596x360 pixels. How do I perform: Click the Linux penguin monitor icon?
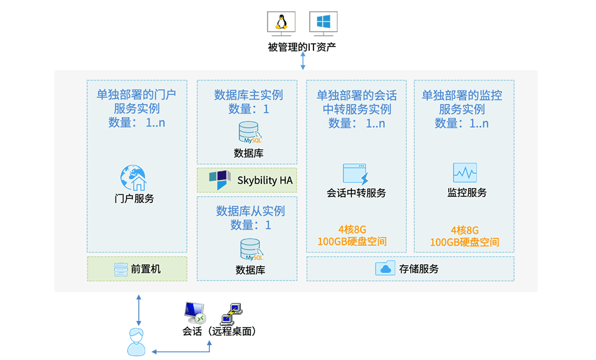[x=281, y=24]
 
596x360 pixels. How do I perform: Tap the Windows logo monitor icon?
[x=323, y=24]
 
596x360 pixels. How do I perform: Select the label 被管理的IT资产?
[x=302, y=47]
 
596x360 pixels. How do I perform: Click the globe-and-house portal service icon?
[x=133, y=178]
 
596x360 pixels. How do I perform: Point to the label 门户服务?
[x=134, y=199]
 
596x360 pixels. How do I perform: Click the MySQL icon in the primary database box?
[x=250, y=132]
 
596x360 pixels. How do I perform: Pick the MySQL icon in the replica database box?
[x=251, y=250]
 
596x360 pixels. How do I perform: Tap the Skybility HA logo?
[x=220, y=180]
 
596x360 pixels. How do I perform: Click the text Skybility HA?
[x=265, y=180]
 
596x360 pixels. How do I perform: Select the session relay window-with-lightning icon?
[x=356, y=174]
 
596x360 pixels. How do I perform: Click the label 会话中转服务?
[x=356, y=193]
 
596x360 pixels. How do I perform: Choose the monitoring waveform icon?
[x=465, y=173]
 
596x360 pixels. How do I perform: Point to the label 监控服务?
[x=467, y=193]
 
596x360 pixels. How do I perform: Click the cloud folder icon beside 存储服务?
[x=385, y=268]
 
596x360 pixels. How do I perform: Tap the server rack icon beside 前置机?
[x=121, y=269]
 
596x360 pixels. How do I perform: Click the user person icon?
[x=136, y=342]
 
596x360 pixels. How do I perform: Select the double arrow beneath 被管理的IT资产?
[x=303, y=61]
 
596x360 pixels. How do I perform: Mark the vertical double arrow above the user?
[x=138, y=310]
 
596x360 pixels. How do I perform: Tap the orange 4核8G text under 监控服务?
[x=464, y=230]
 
